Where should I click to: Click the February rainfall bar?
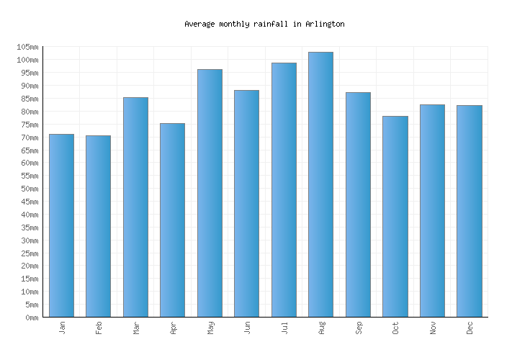98,226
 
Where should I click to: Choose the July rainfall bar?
284,190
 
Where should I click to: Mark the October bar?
395,216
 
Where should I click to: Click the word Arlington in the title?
325,24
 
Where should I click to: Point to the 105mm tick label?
27,47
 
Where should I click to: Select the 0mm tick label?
31,318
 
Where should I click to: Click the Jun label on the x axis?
247,328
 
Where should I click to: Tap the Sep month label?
359,328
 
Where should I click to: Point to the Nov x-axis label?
433,328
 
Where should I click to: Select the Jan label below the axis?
62,328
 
